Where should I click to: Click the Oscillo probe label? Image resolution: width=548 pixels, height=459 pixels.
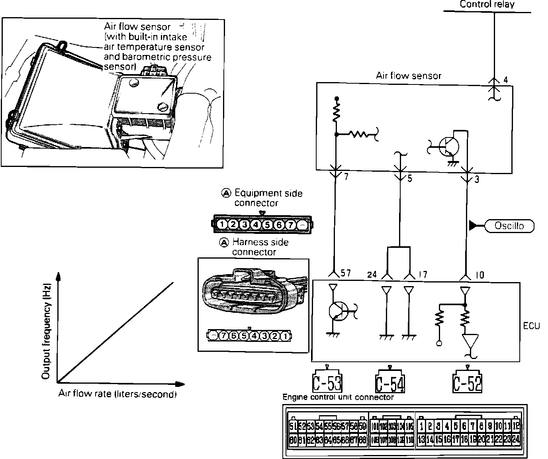[509, 226]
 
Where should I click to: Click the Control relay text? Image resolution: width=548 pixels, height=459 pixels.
[487, 4]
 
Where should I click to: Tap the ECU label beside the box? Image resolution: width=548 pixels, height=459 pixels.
[531, 326]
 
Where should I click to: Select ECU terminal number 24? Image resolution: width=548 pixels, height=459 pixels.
[372, 275]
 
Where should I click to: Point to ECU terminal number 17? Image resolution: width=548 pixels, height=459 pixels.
[423, 275]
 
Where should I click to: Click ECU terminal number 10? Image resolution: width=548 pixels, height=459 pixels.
[480, 275]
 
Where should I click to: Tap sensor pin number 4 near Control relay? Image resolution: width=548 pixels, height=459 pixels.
[505, 80]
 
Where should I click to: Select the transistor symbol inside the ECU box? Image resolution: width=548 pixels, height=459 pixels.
[338, 310]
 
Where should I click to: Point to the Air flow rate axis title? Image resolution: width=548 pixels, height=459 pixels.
[117, 394]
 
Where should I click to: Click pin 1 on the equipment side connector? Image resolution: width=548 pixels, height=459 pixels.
[221, 225]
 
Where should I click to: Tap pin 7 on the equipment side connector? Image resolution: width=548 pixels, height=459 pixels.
[291, 225]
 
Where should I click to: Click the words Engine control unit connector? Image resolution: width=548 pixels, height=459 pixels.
[338, 397]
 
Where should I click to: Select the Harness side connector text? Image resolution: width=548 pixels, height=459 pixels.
[260, 247]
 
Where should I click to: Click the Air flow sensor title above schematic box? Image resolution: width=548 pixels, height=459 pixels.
[409, 76]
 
